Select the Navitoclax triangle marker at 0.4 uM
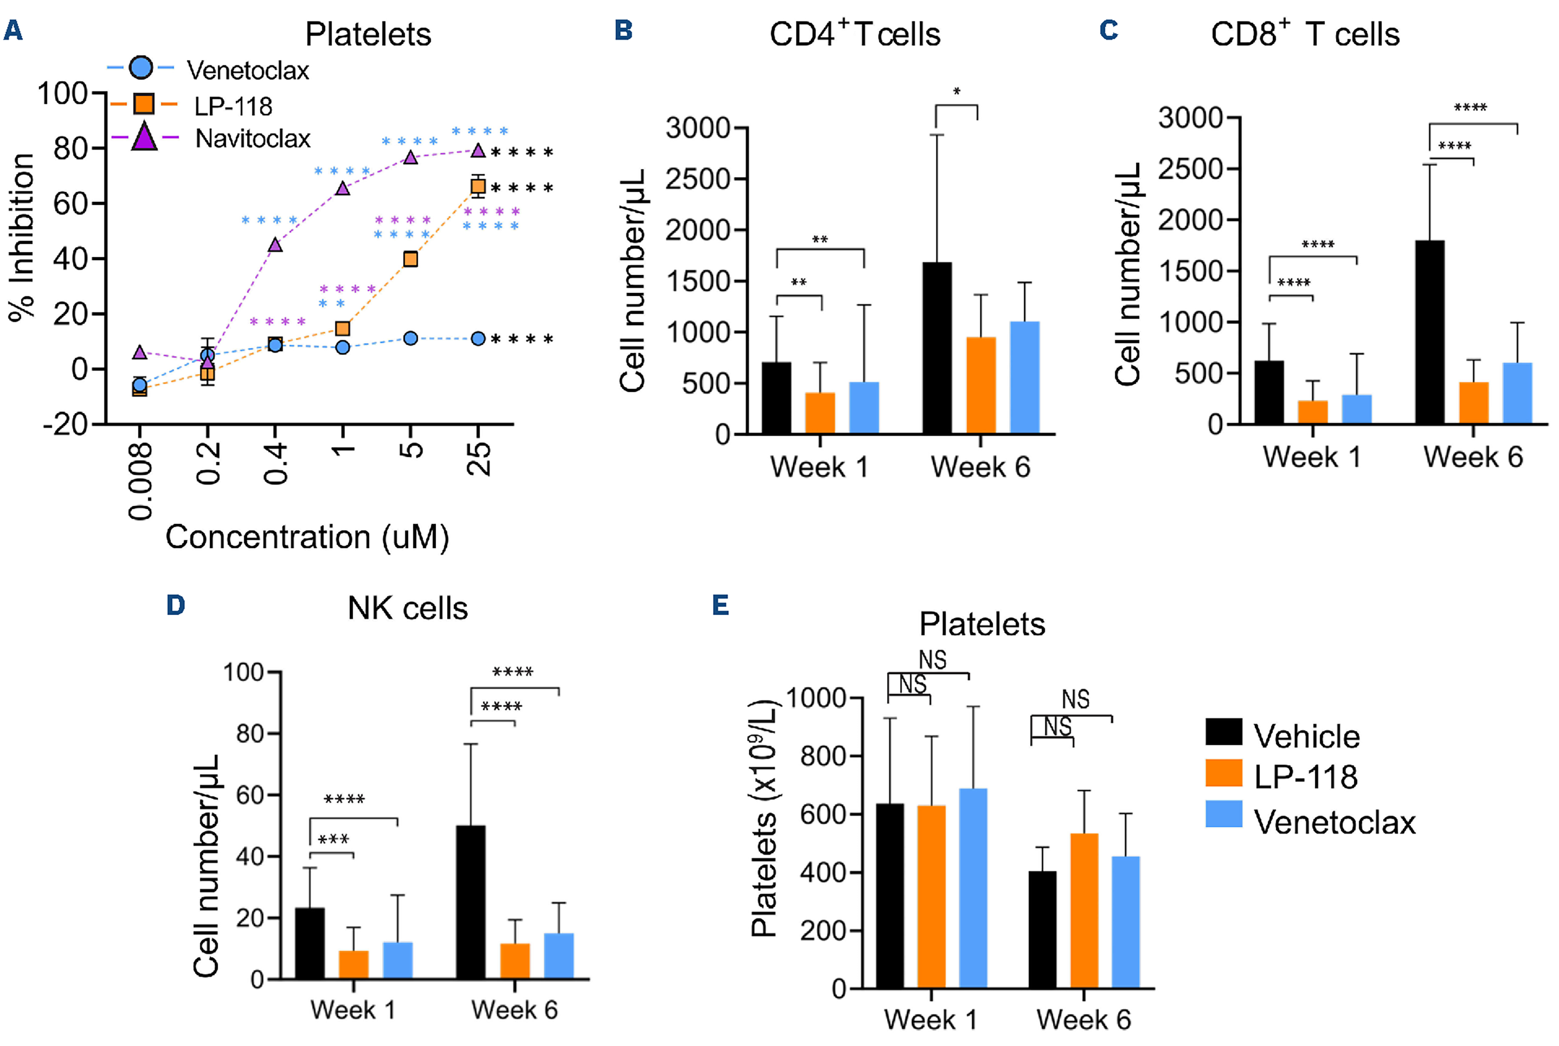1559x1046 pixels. pos(275,245)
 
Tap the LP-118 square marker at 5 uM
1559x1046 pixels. pos(411,259)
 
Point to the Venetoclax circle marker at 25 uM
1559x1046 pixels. pos(478,339)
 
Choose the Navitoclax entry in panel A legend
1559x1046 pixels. pos(252,139)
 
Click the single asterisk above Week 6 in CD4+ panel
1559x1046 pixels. pos(957,92)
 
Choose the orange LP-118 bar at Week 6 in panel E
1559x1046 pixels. pos(1084,911)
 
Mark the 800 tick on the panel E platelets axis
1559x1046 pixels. pos(821,756)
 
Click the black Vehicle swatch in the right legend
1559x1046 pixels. pos(1224,732)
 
